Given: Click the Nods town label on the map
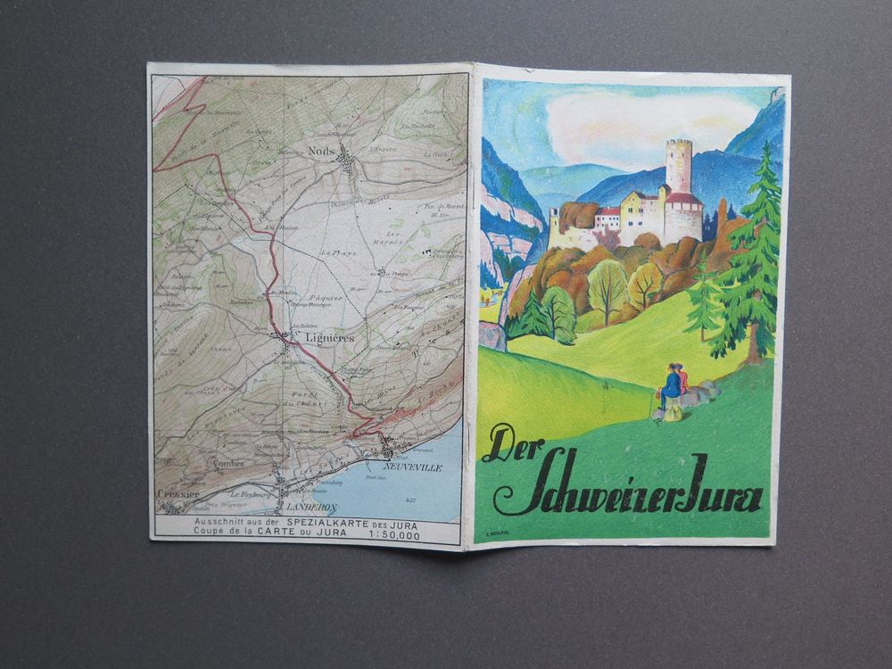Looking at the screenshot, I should coord(323,151).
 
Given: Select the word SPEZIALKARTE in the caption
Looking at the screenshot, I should coord(334,520).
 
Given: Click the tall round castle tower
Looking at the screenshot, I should coord(678,166).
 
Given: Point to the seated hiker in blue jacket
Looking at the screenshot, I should coord(671,384).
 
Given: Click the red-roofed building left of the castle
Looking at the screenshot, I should coord(609,217).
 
